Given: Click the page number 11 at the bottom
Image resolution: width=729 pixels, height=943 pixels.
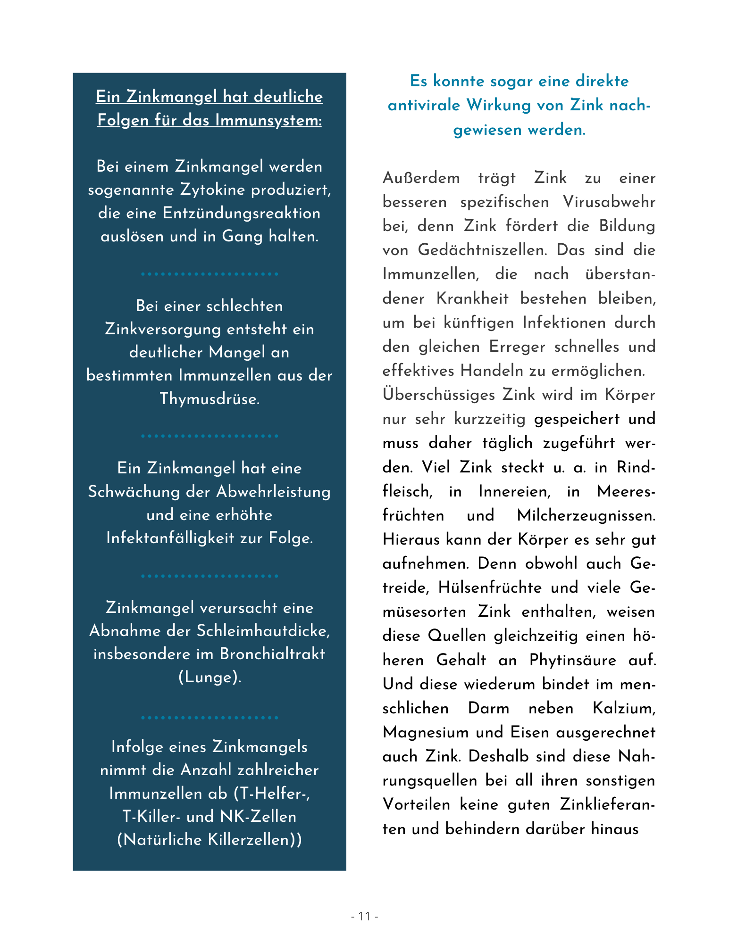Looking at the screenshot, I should pyautogui.click(x=364, y=916).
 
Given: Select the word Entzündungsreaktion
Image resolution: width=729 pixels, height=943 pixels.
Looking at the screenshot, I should pyautogui.click(x=242, y=213).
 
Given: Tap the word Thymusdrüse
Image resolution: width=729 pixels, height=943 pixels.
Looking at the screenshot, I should pyautogui.click(x=209, y=399).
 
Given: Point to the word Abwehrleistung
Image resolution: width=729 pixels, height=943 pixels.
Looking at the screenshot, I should pyautogui.click(x=274, y=491).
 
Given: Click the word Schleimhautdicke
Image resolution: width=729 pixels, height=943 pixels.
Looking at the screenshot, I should pyautogui.click(x=263, y=631).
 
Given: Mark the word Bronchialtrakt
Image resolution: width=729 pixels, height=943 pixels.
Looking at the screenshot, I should pyautogui.click(x=273, y=654).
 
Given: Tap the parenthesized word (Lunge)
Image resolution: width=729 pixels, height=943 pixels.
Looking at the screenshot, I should pyautogui.click(x=209, y=678).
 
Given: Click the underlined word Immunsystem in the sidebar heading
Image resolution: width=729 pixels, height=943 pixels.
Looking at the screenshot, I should pyautogui.click(x=268, y=120).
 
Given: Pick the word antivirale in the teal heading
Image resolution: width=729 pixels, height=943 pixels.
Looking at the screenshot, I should pyautogui.click(x=424, y=105).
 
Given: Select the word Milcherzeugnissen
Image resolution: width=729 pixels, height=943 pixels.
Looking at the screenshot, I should pyautogui.click(x=586, y=515).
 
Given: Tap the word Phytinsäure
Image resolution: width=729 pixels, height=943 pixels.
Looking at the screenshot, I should pyautogui.click(x=573, y=660).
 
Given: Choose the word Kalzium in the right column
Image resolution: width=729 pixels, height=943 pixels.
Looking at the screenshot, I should pyautogui.click(x=624, y=708).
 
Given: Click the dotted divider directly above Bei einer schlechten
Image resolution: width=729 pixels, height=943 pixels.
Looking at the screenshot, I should pyautogui.click(x=209, y=274).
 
